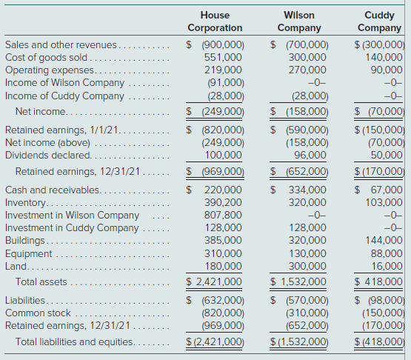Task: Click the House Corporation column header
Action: (215, 21)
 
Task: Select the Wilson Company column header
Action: (299, 21)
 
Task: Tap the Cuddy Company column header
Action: (379, 21)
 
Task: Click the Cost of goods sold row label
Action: (46, 57)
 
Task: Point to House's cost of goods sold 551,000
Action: (223, 57)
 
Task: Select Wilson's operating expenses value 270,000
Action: (307, 70)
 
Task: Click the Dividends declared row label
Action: (48, 155)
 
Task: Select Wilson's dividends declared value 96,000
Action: (310, 155)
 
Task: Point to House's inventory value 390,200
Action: (223, 202)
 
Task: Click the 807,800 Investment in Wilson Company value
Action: (223, 215)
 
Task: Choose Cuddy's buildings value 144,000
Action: (384, 240)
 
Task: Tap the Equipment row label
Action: (29, 253)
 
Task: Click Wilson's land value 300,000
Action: (307, 266)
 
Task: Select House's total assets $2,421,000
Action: (214, 281)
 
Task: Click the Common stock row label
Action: (38, 313)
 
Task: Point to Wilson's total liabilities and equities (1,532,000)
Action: (299, 341)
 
